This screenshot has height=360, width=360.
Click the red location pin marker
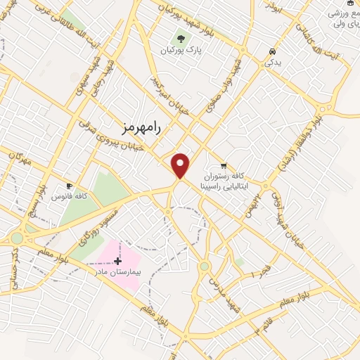click(181, 165)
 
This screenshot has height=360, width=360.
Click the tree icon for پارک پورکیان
click(182, 39)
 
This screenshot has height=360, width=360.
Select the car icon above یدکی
click(272, 51)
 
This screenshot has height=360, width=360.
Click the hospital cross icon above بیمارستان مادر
click(117, 262)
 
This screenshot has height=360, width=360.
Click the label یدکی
click(272, 62)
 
